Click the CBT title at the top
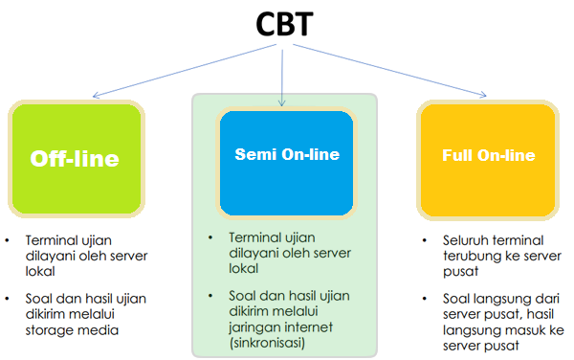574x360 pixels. pos(284,24)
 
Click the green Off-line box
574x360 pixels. pos(77,159)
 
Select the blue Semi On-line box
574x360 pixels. pos(286,163)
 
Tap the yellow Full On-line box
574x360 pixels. pos(488,160)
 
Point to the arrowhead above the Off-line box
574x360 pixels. pos(96,95)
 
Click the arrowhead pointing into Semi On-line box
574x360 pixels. pos(281,102)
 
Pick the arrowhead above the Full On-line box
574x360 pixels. pos(483,95)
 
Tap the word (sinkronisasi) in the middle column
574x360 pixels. pos(267,343)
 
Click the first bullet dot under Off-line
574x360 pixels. pos(8,240)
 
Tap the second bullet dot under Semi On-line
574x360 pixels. pos(210,296)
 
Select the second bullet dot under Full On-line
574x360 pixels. pos(425,299)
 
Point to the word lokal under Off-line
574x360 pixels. pos(40,271)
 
